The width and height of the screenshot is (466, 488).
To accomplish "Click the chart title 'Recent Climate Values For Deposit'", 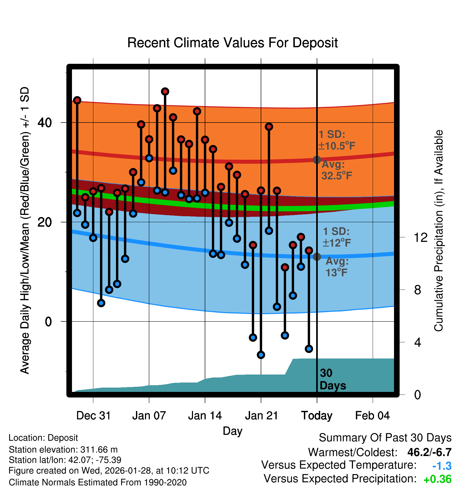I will (232, 43).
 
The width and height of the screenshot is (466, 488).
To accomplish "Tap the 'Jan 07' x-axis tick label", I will (149, 416).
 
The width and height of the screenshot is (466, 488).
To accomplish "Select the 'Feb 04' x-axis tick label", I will (372, 416).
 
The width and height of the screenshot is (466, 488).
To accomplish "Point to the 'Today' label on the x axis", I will (317, 416).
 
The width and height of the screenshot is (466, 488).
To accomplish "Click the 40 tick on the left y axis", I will (45, 123).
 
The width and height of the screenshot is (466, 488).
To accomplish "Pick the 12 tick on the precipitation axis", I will (420, 237).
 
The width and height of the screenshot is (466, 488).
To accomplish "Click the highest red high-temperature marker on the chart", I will (165, 92).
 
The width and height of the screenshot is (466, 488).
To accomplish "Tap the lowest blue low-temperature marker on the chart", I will (261, 355).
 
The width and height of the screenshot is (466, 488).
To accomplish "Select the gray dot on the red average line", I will (317, 160).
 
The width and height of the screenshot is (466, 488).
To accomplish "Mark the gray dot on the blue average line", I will (317, 257).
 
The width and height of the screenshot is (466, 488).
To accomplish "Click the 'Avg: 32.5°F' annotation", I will (336, 170).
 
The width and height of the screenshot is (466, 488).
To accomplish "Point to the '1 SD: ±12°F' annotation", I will (336, 237).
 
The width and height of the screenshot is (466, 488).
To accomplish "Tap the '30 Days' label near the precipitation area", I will (332, 379).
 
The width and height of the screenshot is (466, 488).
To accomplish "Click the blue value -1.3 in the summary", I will (442, 466).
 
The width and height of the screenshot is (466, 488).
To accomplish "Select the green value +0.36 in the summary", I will (437, 479).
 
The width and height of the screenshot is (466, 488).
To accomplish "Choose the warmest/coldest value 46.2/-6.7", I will (429, 452).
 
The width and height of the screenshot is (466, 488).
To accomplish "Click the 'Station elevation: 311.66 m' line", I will (63, 450).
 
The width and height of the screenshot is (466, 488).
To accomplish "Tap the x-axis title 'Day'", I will (232, 431).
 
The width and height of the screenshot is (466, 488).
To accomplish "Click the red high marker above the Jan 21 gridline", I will (261, 191).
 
